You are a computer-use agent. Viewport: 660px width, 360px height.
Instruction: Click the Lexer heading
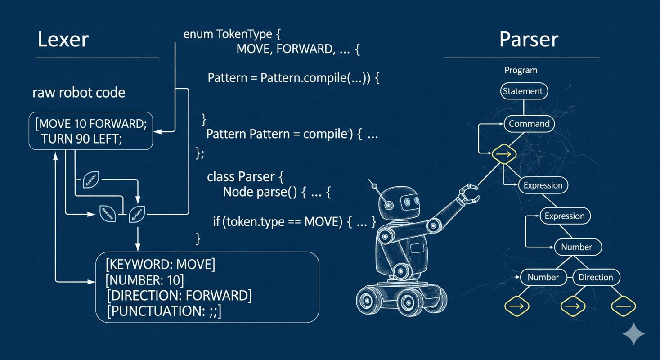[x=63, y=40]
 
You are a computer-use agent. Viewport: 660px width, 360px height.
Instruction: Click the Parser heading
[x=528, y=40]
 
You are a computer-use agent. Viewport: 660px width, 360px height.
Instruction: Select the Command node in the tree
[x=529, y=124]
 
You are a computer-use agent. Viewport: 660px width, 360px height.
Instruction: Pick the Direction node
[x=596, y=277]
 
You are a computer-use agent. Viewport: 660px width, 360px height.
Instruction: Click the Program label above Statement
[x=521, y=71]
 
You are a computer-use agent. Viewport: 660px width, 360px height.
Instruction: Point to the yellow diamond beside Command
[x=503, y=154]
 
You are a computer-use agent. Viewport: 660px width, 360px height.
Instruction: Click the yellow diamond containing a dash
[x=623, y=306]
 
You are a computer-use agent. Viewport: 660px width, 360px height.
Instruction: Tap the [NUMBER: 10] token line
[x=144, y=280]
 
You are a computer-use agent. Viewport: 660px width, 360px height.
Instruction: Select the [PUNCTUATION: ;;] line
[x=164, y=311]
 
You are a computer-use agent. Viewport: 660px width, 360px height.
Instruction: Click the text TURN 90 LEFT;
[x=81, y=139]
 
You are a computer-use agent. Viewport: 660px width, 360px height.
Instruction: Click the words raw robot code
[x=79, y=93]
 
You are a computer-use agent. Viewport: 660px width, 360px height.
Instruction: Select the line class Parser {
[x=245, y=177]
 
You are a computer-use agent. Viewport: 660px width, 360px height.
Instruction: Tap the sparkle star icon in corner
[x=633, y=333]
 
